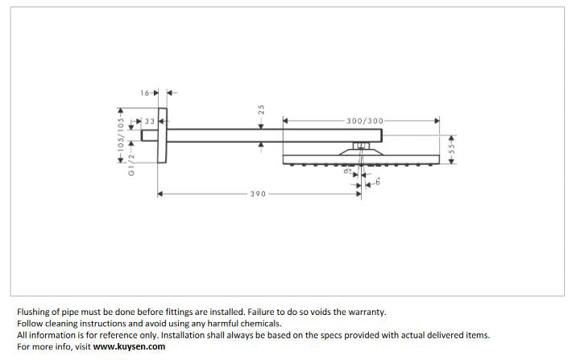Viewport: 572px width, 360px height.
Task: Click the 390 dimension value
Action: pos(258,194)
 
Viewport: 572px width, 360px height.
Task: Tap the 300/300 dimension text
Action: pos(365,121)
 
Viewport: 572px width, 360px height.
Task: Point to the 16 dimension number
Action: pos(145,93)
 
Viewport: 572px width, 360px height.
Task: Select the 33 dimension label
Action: pos(150,122)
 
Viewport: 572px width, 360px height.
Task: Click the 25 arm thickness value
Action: pos(262,109)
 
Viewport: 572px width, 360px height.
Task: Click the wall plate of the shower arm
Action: pos(163,135)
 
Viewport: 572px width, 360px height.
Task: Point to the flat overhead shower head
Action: pos(362,159)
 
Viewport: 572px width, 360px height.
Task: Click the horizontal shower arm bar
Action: pos(266,135)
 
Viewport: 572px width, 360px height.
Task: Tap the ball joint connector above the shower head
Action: pos(362,146)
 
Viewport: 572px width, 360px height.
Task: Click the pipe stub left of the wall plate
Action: pos(149,135)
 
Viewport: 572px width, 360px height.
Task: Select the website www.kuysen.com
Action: pos(129,347)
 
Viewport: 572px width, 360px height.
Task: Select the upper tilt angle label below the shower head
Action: pos(348,172)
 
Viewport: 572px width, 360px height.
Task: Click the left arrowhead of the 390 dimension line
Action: pos(160,194)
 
